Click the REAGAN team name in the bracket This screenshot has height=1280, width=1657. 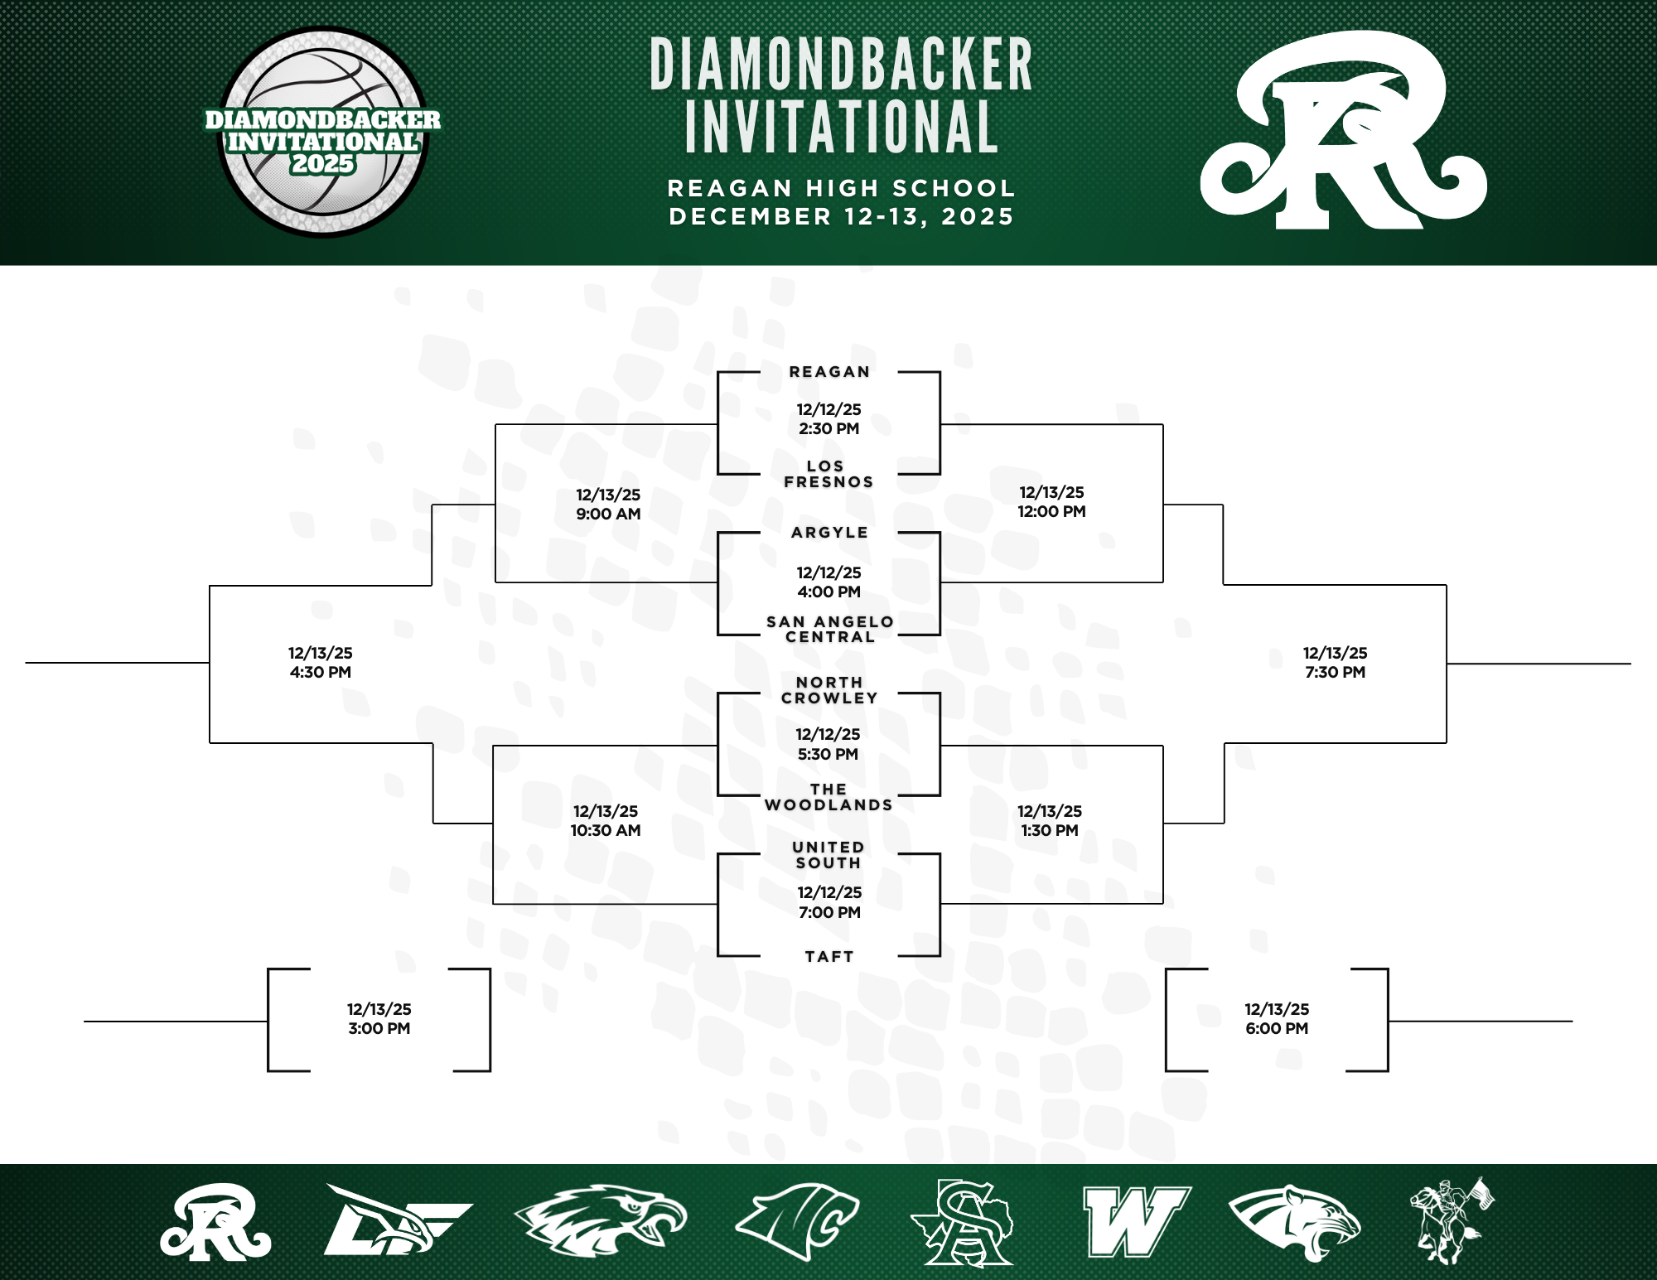(829, 372)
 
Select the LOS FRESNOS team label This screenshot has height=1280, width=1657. (828, 474)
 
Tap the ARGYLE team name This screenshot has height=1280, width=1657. (829, 533)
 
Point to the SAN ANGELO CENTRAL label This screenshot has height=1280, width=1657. (829, 629)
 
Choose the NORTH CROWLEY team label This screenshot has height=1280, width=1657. (829, 690)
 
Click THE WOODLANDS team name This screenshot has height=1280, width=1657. (828, 797)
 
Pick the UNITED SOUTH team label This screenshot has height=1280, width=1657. (828, 855)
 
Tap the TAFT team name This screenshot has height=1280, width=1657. (829, 956)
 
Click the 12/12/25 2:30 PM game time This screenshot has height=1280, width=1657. (828, 419)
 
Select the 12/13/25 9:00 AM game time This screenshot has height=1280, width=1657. (608, 504)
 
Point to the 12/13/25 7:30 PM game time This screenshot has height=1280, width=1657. (1335, 663)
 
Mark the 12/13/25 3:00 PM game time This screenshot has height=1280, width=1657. (379, 1019)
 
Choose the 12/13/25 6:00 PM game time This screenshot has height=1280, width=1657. (1277, 1019)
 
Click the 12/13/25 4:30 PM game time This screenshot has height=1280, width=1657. (321, 663)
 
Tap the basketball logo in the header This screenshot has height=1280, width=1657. (323, 133)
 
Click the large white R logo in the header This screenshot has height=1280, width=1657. (1342, 133)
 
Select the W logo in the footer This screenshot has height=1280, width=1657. (1135, 1221)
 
